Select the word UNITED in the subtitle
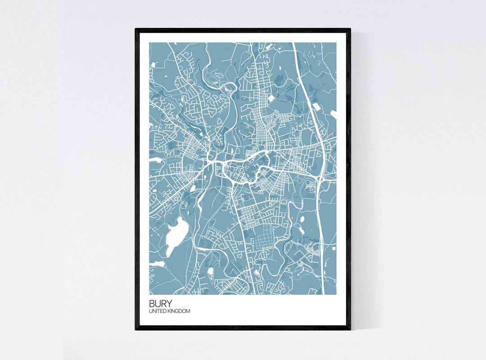[157, 311]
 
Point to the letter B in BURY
[153, 303]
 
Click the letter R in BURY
[162, 303]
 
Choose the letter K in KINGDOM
[168, 311]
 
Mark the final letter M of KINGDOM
[188, 311]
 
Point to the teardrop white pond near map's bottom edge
[210, 271]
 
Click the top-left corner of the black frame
[136, 29]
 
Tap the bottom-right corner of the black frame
[350, 329]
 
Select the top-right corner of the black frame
[350, 29]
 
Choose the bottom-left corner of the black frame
[136, 329]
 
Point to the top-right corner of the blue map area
[336, 43]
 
